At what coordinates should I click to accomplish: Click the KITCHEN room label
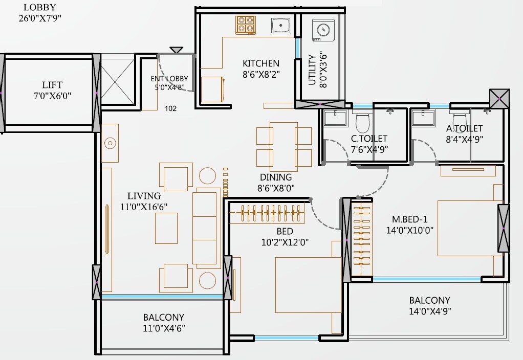(261, 63)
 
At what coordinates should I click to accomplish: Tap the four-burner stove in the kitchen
(245, 25)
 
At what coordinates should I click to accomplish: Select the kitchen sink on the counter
(280, 26)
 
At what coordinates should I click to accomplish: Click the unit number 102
(171, 108)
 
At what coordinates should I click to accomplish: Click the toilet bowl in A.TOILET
(457, 117)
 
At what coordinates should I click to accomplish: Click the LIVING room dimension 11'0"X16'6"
(144, 207)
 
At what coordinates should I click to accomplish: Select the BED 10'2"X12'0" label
(285, 236)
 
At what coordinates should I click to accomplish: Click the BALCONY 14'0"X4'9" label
(429, 306)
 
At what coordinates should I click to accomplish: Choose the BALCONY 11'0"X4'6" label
(163, 323)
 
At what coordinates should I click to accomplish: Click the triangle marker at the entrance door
(176, 50)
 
